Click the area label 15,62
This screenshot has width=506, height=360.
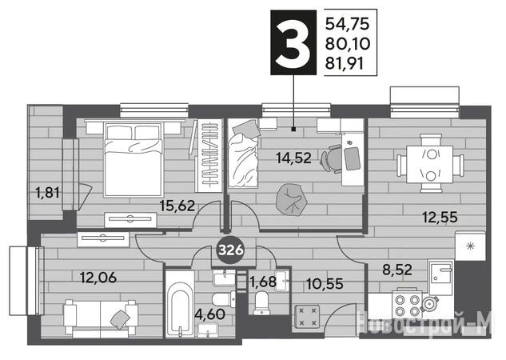point(177,206)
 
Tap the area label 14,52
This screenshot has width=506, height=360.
point(293,158)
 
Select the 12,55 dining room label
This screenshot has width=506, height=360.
point(440,218)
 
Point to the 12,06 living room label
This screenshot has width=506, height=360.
point(98,278)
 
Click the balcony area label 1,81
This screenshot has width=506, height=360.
point(48,193)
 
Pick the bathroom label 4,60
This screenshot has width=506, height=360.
point(211,314)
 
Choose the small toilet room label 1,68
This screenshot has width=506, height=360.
point(263,282)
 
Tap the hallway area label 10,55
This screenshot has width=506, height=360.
point(325,284)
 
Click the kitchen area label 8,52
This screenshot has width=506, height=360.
point(397,270)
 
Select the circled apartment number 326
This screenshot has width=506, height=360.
point(231,250)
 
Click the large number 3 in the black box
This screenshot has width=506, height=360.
point(293,42)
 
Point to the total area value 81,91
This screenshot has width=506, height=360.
point(345,64)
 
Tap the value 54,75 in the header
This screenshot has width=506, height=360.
point(347,24)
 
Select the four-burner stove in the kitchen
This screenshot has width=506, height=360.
point(407,305)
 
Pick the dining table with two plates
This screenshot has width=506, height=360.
point(430,164)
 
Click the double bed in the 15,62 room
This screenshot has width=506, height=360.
point(133,159)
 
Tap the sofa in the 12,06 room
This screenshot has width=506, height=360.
point(101,318)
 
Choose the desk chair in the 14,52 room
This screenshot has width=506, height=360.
point(332,159)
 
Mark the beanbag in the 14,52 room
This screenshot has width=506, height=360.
point(292,199)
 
